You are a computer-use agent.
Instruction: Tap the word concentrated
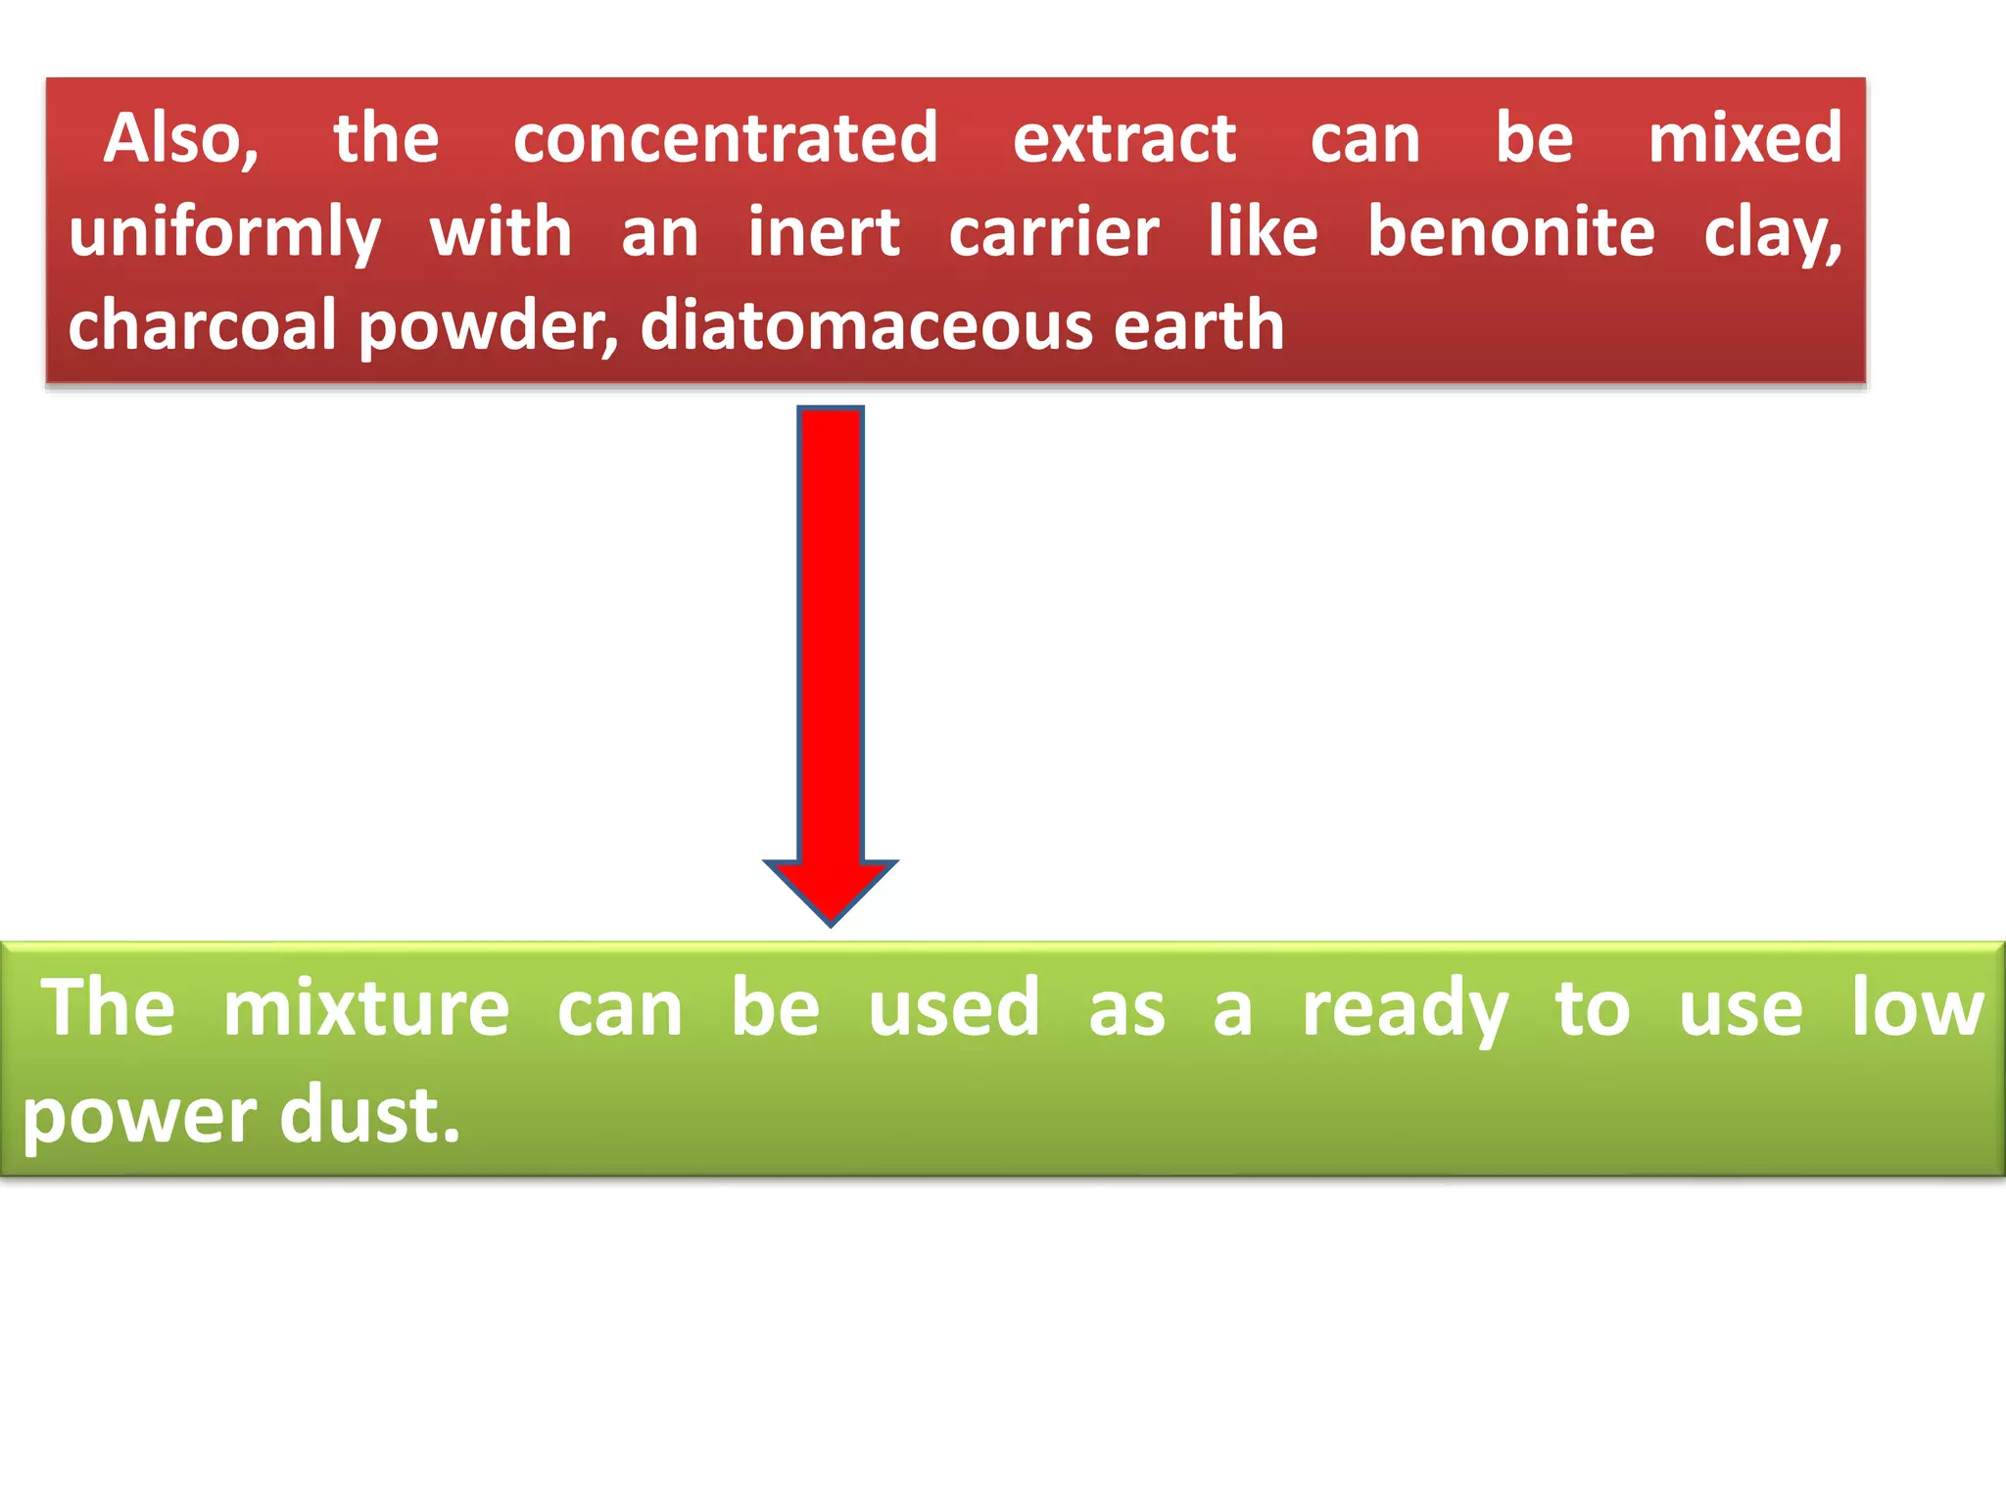coord(726,139)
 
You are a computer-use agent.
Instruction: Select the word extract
coord(1124,139)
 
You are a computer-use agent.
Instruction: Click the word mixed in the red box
coord(1744,139)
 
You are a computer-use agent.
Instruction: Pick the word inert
coord(824,233)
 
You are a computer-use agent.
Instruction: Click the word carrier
coord(1054,233)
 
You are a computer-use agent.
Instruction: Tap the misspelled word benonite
coord(1511,233)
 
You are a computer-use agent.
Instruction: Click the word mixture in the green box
coord(366,1009)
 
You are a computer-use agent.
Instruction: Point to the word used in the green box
coord(954,1009)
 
